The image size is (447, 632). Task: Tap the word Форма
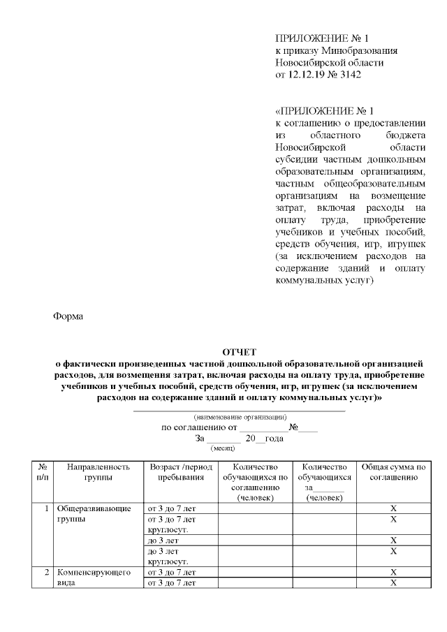click(68, 316)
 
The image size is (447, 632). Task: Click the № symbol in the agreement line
click(294, 427)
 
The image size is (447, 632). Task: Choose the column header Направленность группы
click(96, 473)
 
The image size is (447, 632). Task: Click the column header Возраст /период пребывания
click(178, 473)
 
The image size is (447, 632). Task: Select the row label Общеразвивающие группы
click(93, 514)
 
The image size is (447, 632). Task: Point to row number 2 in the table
click(46, 572)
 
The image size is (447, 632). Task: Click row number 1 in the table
click(46, 509)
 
